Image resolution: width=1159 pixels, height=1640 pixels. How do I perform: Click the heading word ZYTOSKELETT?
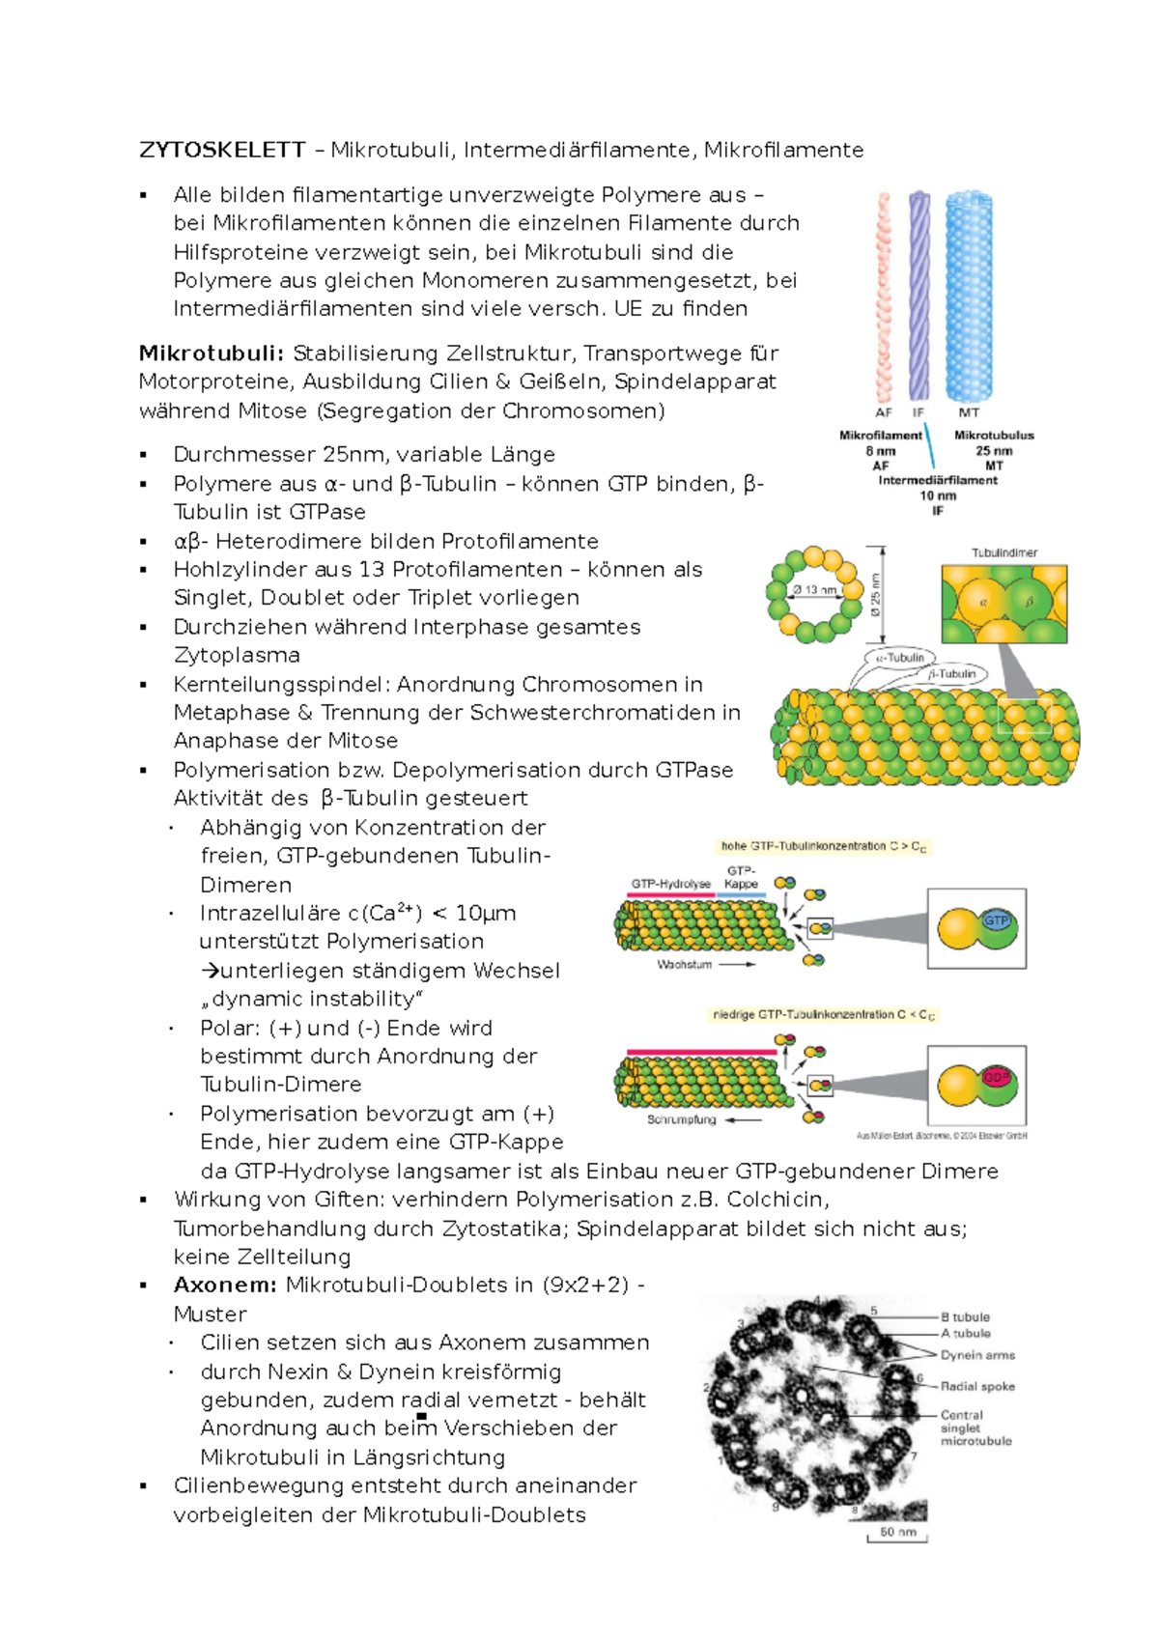[222, 150]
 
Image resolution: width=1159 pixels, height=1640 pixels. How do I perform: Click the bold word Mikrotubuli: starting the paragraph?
[212, 353]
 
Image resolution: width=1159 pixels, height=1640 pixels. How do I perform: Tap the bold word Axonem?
[225, 1285]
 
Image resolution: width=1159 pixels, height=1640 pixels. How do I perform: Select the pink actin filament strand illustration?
[883, 295]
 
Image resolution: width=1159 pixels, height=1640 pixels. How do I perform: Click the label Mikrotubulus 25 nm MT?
[994, 450]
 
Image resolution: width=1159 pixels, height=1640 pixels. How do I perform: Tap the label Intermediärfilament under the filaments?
[938, 480]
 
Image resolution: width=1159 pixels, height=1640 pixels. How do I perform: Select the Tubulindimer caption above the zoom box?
[1004, 552]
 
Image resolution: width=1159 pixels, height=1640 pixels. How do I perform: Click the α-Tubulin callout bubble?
[901, 658]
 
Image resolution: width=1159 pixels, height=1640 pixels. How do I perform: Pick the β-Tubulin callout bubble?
[953, 674]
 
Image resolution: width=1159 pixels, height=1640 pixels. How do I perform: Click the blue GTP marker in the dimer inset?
[996, 920]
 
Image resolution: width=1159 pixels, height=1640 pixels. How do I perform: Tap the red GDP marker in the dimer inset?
[996, 1076]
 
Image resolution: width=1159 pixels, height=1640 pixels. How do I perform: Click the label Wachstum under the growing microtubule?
[684, 964]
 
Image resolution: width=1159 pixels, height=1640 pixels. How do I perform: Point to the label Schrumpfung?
[682, 1119]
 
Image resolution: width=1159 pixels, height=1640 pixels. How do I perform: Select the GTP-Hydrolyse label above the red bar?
[670, 884]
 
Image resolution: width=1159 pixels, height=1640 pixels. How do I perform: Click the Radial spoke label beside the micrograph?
[977, 1386]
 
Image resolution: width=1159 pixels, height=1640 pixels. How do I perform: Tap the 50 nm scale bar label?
[897, 1532]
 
